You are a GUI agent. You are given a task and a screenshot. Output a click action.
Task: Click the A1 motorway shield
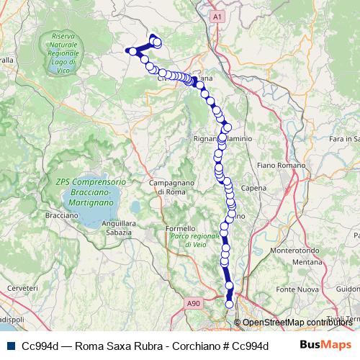(220, 14)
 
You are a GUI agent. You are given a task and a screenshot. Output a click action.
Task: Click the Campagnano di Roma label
(168, 187)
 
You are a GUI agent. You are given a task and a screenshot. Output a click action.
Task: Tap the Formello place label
(180, 229)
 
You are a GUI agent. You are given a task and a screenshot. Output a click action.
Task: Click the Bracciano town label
(60, 215)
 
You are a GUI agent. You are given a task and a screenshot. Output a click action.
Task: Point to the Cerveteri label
(22, 287)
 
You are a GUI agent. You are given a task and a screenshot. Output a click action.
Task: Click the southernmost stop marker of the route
(230, 304)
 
